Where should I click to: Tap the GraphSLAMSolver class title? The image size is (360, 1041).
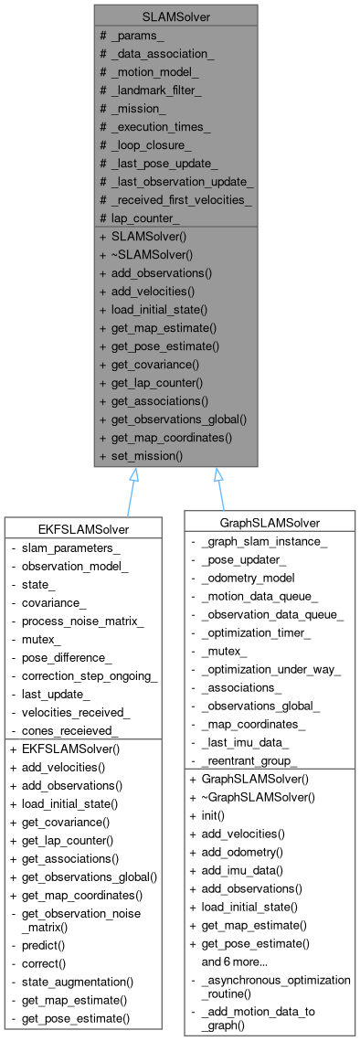coord(268,523)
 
